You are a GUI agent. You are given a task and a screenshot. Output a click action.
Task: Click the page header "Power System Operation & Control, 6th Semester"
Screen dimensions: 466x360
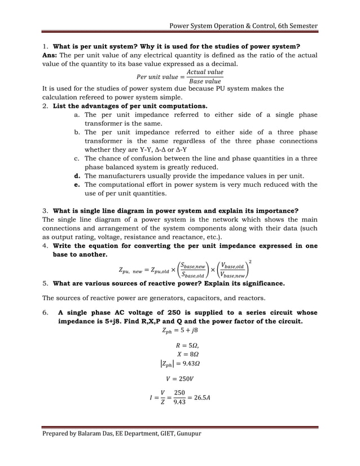pos(244,26)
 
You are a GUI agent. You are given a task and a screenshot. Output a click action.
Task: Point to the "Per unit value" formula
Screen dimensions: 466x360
pos(180,76)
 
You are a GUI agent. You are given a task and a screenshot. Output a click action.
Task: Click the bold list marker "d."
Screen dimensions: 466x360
pos(77,176)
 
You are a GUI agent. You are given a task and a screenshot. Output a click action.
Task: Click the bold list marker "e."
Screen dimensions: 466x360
pos(77,184)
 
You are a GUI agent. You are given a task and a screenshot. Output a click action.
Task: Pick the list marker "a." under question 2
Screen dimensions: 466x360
pos(77,115)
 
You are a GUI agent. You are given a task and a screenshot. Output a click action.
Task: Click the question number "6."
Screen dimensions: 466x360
pos(46,313)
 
